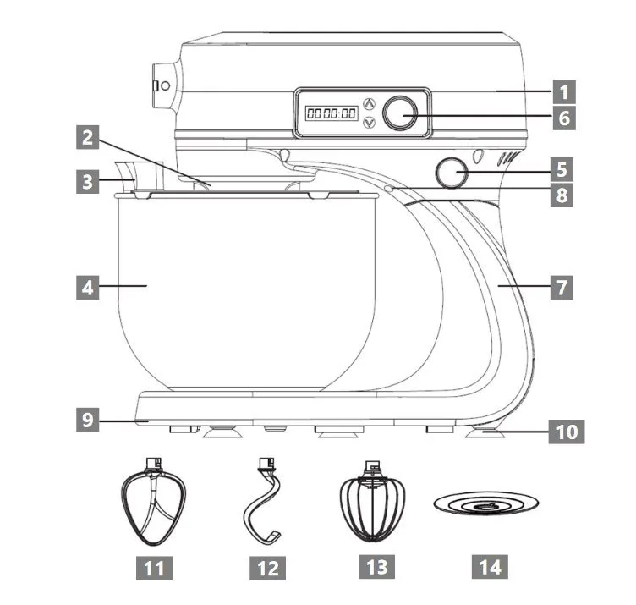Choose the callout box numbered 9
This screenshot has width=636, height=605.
pyautogui.click(x=86, y=416)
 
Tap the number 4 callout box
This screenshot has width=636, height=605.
pyautogui.click(x=86, y=287)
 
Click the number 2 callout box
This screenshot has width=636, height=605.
pyautogui.click(x=86, y=138)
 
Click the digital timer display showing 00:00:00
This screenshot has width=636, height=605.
pyautogui.click(x=331, y=113)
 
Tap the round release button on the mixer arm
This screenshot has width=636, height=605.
pyautogui.click(x=452, y=173)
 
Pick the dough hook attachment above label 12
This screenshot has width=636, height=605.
pyautogui.click(x=266, y=504)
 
